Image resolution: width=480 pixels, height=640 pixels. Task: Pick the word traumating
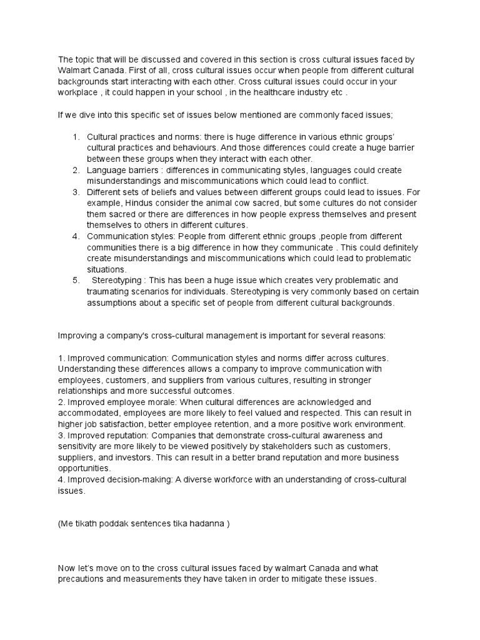coord(108,291)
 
